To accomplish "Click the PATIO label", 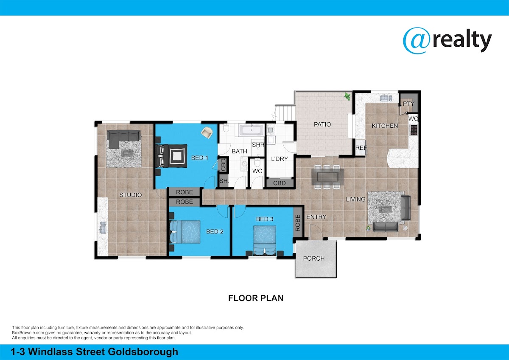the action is (x=322, y=124).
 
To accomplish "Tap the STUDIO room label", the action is (x=131, y=195).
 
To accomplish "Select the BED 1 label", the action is (x=199, y=158).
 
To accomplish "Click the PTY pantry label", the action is (x=408, y=104).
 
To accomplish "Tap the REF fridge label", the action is (x=361, y=148).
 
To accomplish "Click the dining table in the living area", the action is (x=327, y=177).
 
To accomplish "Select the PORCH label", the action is (x=314, y=259).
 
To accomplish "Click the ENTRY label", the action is (x=316, y=217).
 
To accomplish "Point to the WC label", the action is (x=257, y=171).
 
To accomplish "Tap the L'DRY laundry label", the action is (x=280, y=159).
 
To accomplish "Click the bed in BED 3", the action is (x=265, y=240).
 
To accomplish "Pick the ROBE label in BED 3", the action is (x=298, y=223).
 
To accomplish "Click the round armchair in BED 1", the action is (x=207, y=132).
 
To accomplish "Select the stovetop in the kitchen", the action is (x=414, y=130).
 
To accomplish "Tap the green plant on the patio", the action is (x=347, y=96).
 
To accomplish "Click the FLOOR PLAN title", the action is (x=256, y=298).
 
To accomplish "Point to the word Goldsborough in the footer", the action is (x=143, y=352).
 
